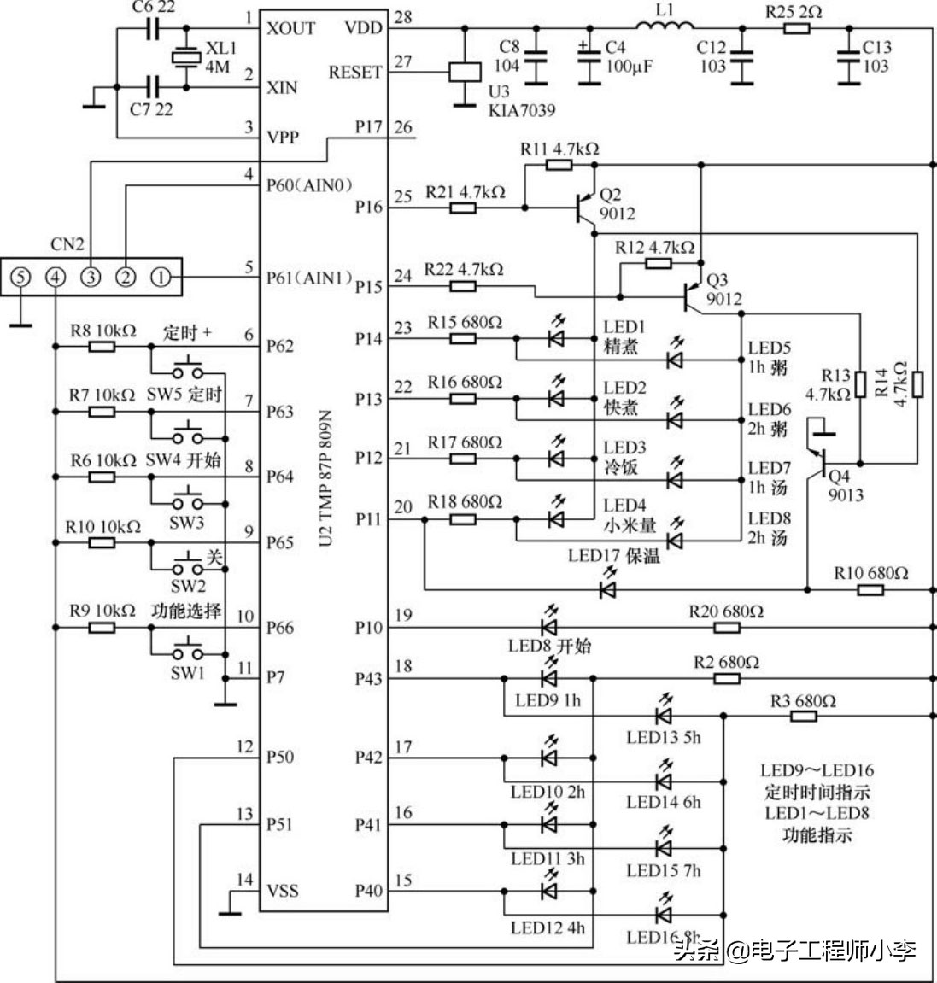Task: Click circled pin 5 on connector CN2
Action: pyautogui.click(x=21, y=277)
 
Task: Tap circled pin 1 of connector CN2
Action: pyautogui.click(x=160, y=277)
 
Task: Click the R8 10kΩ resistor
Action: pyautogui.click(x=102, y=347)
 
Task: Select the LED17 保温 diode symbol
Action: pyautogui.click(x=607, y=589)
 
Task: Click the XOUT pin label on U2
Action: pyautogui.click(x=290, y=28)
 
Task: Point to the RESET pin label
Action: pyautogui.click(x=355, y=73)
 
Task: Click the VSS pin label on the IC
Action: pyautogui.click(x=283, y=891)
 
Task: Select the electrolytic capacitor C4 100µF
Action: pyautogui.click(x=589, y=64)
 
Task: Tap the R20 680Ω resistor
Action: pyautogui.click(x=726, y=628)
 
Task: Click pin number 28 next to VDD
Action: pyautogui.click(x=403, y=18)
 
